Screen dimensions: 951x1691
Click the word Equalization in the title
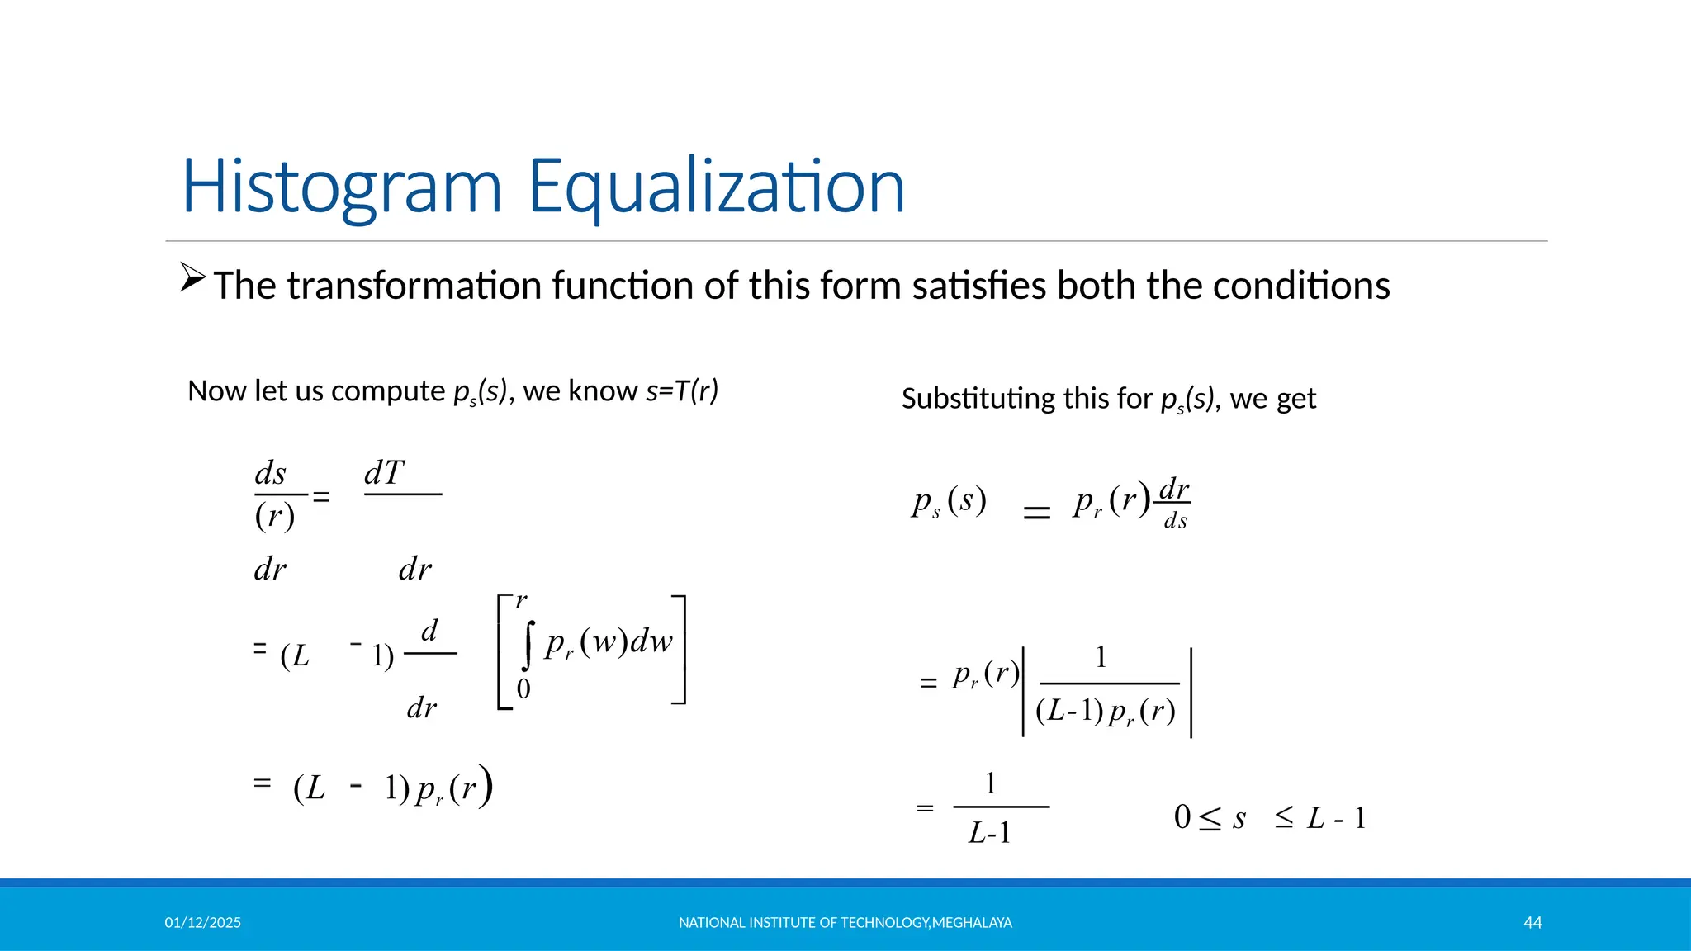716,187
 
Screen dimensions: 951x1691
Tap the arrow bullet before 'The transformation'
192,277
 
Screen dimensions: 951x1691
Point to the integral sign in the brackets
528,646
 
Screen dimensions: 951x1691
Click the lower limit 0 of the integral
523,688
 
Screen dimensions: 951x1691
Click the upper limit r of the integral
521,600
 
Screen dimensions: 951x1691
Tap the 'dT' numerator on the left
384,474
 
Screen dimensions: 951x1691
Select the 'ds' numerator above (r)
271,474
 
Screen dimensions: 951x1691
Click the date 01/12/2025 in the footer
202,923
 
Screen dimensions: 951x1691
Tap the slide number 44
1532,923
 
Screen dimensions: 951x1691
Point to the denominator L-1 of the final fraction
989,833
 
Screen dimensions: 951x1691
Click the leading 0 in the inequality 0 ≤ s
1182,817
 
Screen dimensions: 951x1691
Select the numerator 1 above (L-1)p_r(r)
1101,658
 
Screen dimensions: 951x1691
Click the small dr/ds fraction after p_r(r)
1174,503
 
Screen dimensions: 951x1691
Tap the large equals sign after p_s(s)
1037,513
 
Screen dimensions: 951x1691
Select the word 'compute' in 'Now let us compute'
388,391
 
